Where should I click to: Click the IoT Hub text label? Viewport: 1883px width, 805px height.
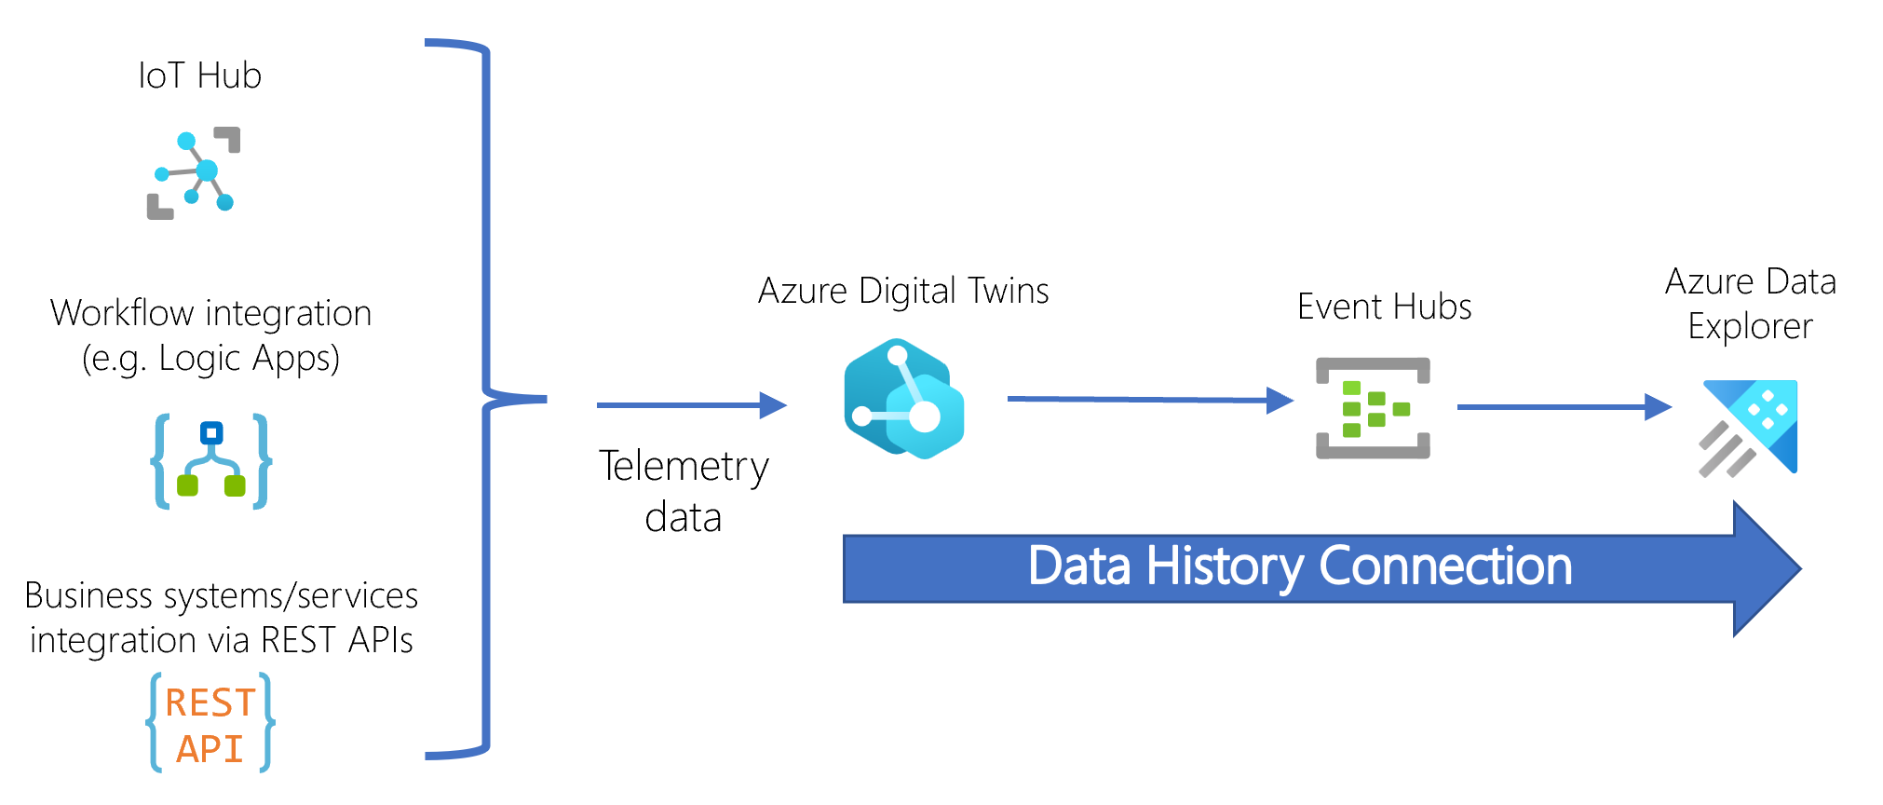[x=199, y=75]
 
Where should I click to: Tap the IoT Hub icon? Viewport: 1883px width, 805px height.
[x=195, y=172]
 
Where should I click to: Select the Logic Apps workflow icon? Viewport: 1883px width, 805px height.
[x=211, y=461]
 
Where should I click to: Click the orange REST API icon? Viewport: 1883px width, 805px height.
[x=210, y=724]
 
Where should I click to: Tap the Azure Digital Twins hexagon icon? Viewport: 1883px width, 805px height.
[x=902, y=399]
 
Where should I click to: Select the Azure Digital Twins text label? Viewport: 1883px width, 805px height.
[x=903, y=291]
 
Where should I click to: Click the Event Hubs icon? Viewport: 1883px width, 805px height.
[x=1372, y=408]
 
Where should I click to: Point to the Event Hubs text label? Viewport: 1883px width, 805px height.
[x=1384, y=307]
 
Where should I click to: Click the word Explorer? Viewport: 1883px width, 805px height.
[x=1750, y=327]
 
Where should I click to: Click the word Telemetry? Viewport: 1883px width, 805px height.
[x=684, y=467]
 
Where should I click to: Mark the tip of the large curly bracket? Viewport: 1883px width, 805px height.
[x=544, y=400]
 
